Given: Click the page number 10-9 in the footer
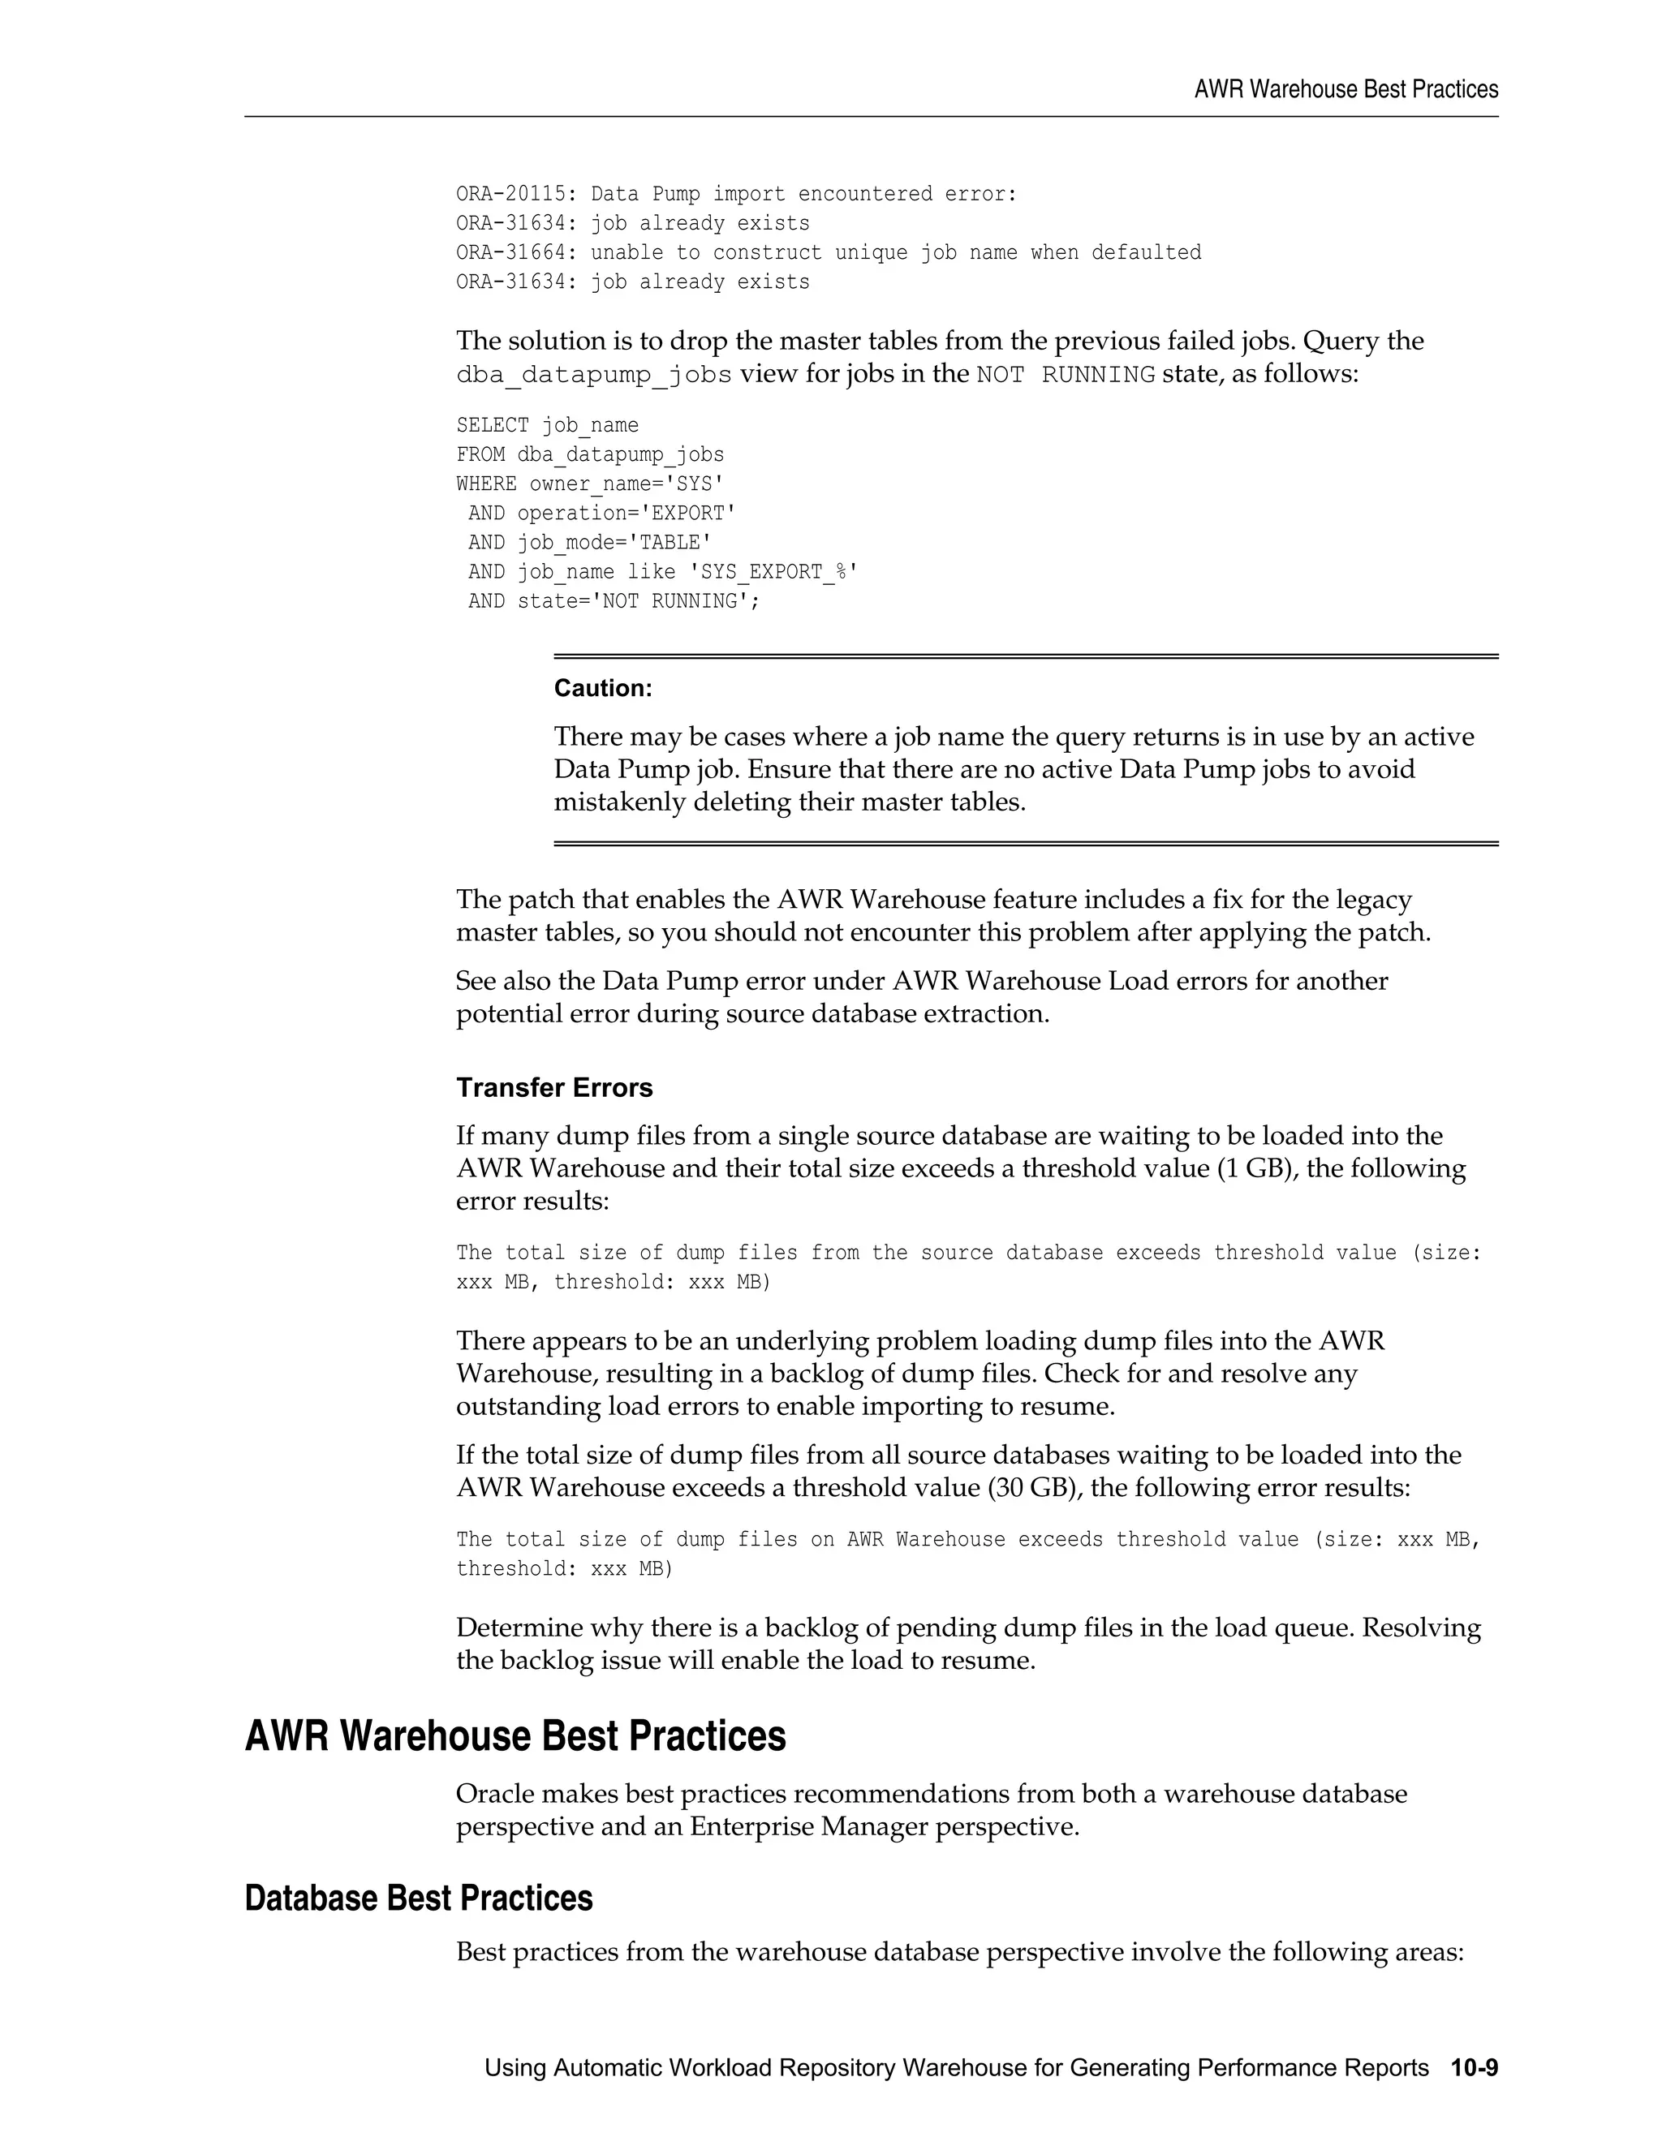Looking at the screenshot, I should (1473, 2067).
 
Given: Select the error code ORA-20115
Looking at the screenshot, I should (510, 194).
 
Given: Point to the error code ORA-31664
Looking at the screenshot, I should (510, 253).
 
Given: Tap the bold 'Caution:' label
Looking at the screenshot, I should (603, 688).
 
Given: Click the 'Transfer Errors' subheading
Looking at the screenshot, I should (554, 1088).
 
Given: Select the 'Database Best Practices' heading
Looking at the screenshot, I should (419, 1898).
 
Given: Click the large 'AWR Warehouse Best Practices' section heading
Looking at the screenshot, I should (515, 1735).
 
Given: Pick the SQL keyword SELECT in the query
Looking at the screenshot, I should (493, 425).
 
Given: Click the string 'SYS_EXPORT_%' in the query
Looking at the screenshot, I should (779, 572).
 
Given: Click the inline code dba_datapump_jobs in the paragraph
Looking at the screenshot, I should (594, 375).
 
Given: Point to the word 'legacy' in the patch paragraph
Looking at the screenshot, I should (1374, 900).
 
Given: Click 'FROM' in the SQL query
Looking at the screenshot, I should (480, 455).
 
